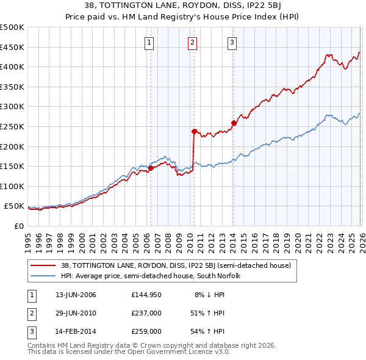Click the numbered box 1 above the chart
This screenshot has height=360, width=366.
click(x=150, y=42)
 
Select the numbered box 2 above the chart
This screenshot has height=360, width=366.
click(x=193, y=42)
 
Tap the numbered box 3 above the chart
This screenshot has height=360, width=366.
click(x=233, y=42)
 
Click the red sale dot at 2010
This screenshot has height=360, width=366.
click(x=194, y=131)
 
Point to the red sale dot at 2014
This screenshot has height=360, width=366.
click(x=233, y=123)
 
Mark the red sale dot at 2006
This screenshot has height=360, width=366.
click(x=151, y=168)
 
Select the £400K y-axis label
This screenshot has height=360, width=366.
click(x=12, y=67)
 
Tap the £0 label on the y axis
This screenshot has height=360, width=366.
click(x=18, y=226)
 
